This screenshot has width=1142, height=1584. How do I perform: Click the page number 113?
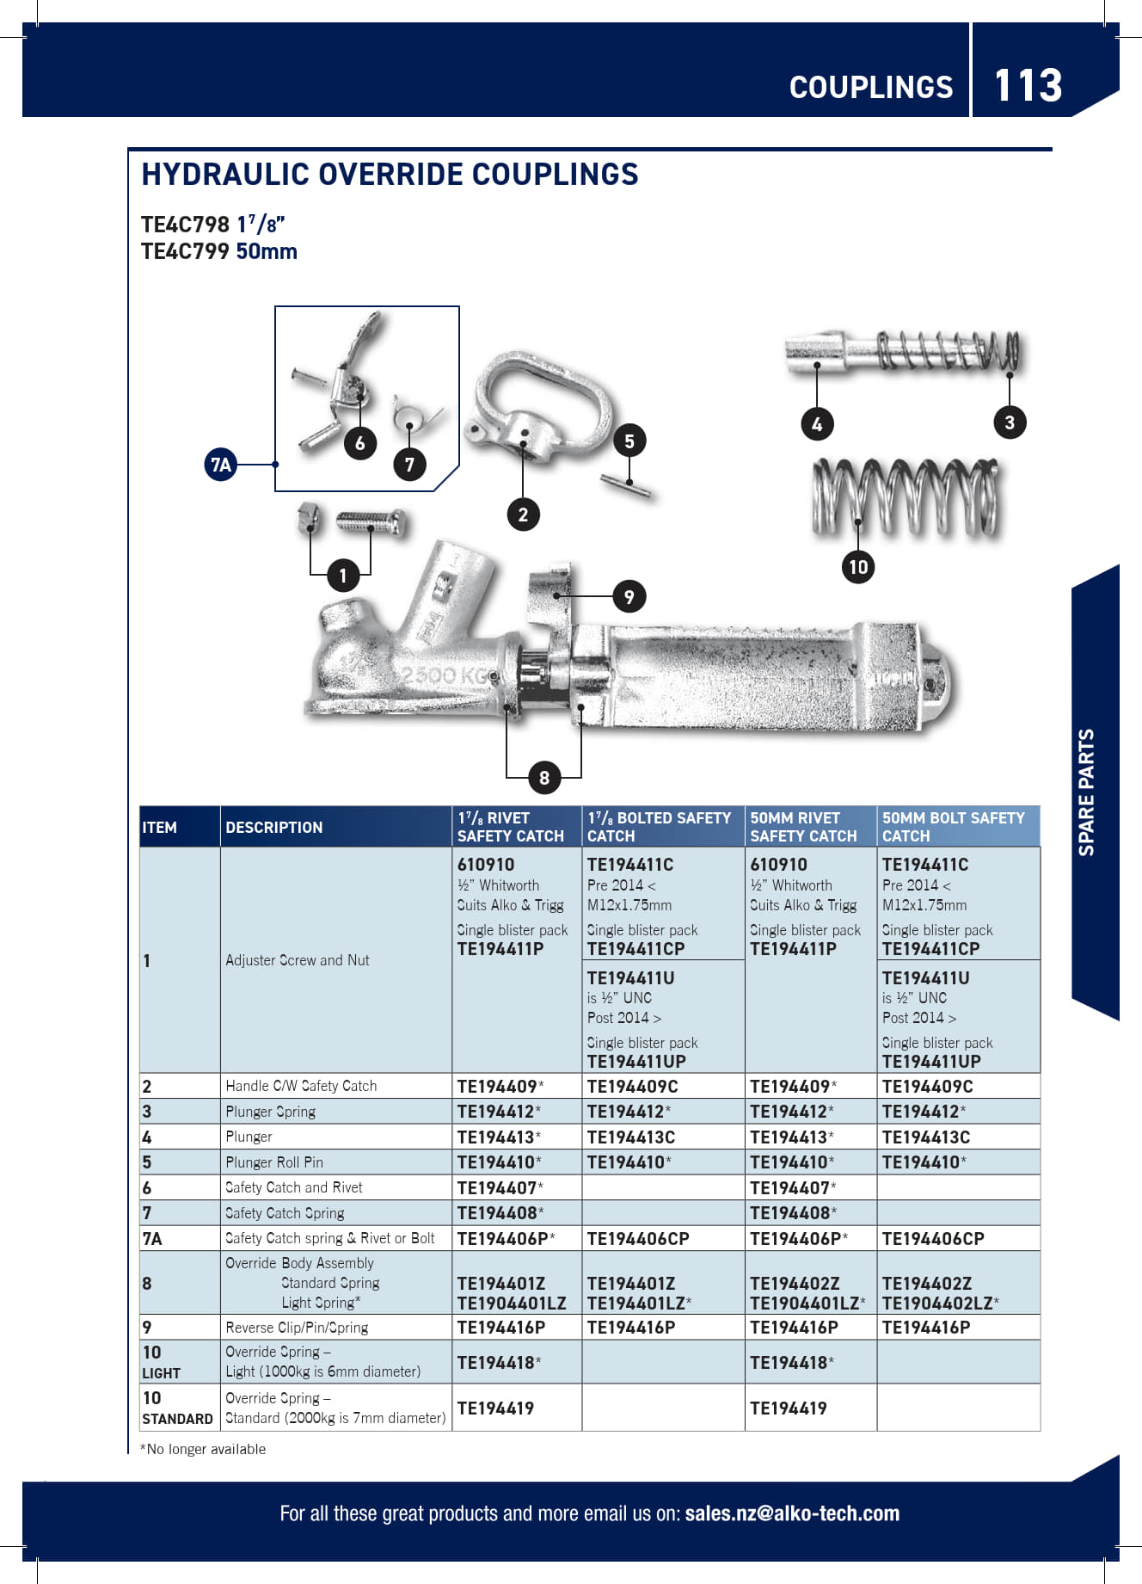pos(1028,85)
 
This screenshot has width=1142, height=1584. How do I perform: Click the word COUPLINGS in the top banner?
pos(870,87)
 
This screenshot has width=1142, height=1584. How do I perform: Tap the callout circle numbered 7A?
pos(221,465)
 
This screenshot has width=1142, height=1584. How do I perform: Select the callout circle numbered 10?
pos(857,567)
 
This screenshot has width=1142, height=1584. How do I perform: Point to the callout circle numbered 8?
pos(543,778)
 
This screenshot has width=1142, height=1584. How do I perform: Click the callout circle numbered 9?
pos(629,596)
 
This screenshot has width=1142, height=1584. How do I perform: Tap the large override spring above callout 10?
pos(906,496)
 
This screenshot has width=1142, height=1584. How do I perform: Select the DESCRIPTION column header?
pos(274,827)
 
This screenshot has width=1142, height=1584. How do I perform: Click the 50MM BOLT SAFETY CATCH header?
pos(953,827)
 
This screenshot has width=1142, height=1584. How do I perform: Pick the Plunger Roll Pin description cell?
pos(274,1162)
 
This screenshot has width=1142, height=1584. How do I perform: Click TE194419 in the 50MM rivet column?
pos(788,1408)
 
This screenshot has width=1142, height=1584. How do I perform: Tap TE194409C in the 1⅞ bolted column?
pos(632,1086)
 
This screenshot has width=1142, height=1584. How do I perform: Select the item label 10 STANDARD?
pos(177,1408)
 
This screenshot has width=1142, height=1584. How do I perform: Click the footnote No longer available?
pos(204,1449)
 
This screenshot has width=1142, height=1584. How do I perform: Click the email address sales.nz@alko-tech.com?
pos(792,1513)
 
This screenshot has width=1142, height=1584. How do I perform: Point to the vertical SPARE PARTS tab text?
pos(1087,792)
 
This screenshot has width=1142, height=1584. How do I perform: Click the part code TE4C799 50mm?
pos(219,252)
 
